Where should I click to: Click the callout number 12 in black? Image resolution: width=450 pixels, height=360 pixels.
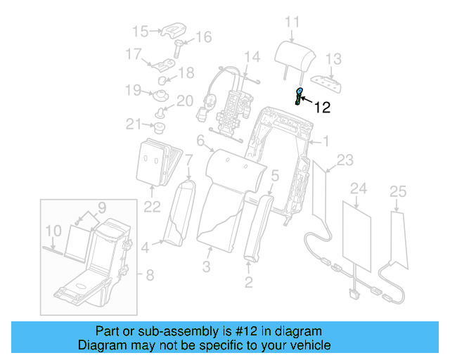(x=322, y=108)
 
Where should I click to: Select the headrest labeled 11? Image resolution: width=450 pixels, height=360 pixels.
(x=289, y=53)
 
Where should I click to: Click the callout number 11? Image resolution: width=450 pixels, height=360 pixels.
(x=292, y=22)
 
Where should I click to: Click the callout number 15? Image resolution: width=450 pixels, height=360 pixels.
(x=141, y=31)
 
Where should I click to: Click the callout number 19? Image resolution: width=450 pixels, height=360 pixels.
(x=134, y=89)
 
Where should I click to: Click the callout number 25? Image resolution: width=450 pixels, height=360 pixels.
(x=398, y=191)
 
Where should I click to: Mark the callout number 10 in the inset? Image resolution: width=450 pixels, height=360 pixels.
(x=53, y=230)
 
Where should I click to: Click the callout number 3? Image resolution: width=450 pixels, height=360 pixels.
(x=206, y=266)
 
